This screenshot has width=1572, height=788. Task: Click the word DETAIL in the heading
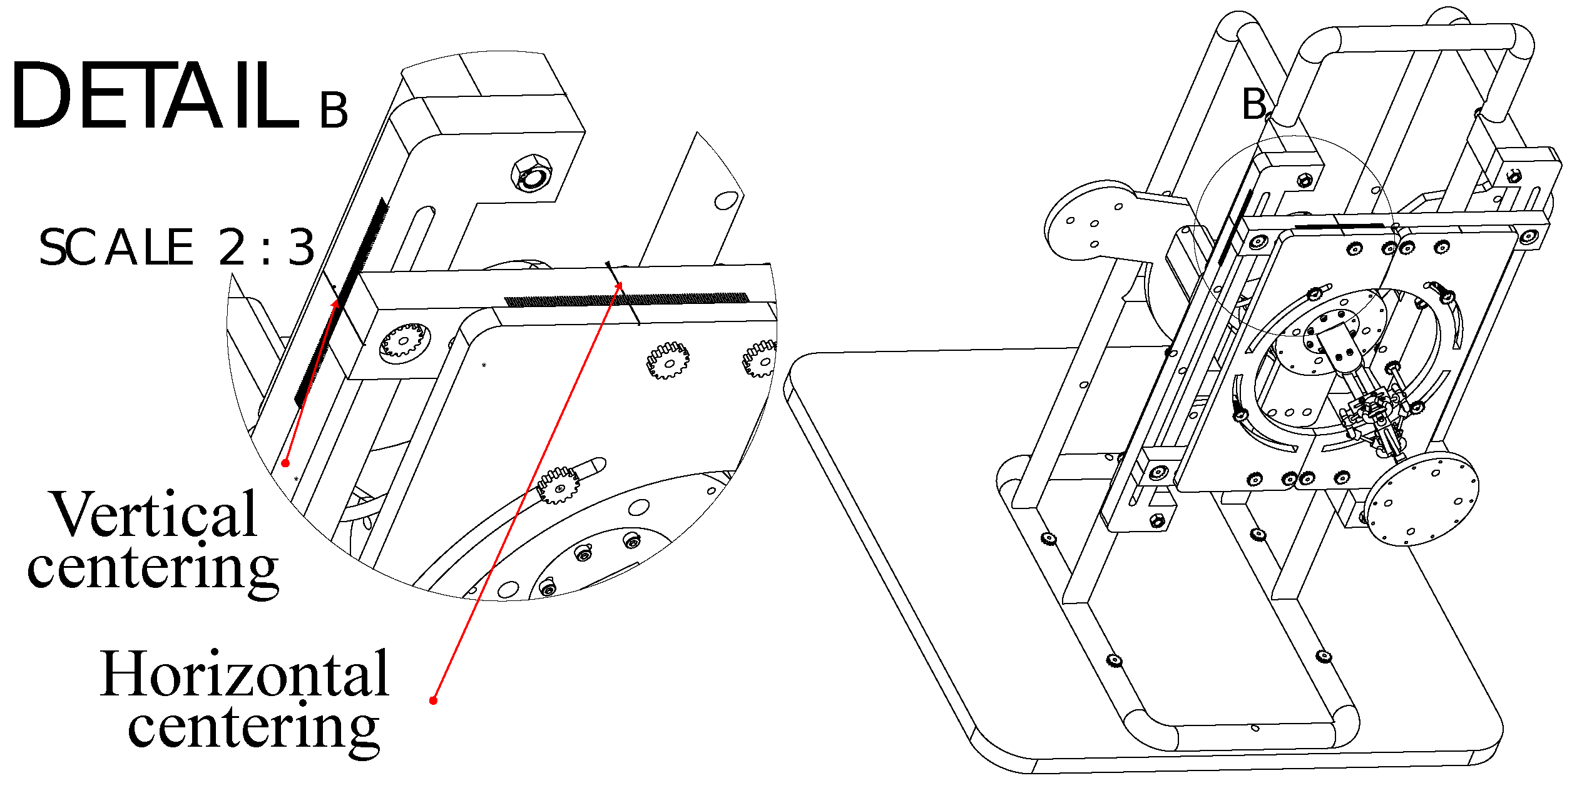pos(155,96)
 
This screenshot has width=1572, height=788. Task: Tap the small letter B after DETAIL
pos(334,110)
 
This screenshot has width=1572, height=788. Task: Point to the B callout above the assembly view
pos(1254,104)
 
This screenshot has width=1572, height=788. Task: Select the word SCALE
pos(116,247)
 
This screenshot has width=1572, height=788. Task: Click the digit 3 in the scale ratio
pos(301,247)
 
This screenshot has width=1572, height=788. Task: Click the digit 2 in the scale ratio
pos(232,247)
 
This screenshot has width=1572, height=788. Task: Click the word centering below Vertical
pos(153,569)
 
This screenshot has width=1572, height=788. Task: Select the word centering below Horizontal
pos(253,729)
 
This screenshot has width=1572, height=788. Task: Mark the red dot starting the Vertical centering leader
pos(285,463)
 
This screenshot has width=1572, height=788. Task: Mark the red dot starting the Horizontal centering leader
pos(433,700)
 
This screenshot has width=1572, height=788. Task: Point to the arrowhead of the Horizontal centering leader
pos(620,285)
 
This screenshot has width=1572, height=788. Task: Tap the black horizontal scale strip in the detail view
pos(626,300)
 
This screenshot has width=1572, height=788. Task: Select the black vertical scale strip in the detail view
pos(342,301)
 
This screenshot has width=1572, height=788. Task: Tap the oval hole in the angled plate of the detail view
pos(725,200)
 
